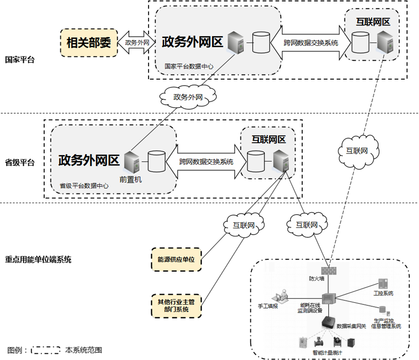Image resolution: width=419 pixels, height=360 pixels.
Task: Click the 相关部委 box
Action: click(88, 43)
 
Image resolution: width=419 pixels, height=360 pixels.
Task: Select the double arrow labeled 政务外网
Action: click(137, 43)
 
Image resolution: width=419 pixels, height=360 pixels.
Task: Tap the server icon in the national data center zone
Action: click(235, 43)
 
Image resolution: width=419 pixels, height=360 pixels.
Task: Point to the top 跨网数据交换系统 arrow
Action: click(310, 43)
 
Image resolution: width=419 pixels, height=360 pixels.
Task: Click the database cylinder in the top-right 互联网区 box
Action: click(359, 42)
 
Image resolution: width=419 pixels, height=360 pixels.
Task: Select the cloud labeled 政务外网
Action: click(188, 97)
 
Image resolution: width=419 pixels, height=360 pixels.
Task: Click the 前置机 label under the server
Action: click(130, 180)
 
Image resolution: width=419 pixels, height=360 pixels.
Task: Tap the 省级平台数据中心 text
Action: click(84, 186)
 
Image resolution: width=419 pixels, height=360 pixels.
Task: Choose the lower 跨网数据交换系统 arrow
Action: click(206, 162)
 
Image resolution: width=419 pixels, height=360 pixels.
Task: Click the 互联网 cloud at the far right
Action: click(357, 150)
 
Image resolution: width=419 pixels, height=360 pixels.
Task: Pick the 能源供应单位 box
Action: click(176, 259)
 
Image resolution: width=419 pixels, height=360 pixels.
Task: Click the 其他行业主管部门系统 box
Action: click(176, 306)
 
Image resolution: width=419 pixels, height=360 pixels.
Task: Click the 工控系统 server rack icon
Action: click(383, 284)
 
